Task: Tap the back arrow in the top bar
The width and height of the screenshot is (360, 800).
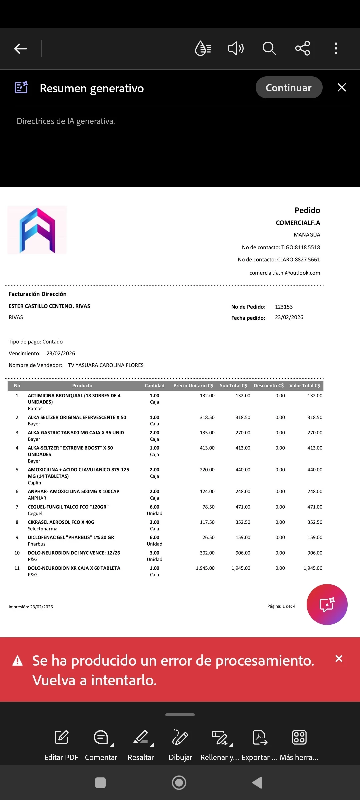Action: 21,49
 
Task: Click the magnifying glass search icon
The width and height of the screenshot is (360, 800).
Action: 269,49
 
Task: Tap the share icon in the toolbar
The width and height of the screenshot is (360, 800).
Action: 303,49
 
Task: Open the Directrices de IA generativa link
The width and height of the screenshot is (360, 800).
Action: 66,121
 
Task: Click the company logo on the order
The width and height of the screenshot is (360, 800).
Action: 37,230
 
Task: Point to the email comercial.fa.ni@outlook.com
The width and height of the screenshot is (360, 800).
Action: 285,273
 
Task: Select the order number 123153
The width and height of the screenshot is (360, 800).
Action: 284,307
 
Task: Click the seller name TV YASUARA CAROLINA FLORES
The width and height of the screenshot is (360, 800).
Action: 106,365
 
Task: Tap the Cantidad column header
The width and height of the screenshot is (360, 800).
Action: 154,386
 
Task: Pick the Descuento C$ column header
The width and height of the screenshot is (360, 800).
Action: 268,386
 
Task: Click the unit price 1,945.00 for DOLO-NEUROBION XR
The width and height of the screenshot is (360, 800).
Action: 205,568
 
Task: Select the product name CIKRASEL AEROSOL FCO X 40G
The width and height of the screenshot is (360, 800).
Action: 61,522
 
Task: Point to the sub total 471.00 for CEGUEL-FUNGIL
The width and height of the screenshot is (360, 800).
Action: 243,507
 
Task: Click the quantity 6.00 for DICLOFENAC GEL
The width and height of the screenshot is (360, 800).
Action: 154,538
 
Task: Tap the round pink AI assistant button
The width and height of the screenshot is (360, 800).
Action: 327,604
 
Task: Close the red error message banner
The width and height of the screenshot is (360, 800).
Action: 339,658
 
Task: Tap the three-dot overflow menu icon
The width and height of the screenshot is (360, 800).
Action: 336,49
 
